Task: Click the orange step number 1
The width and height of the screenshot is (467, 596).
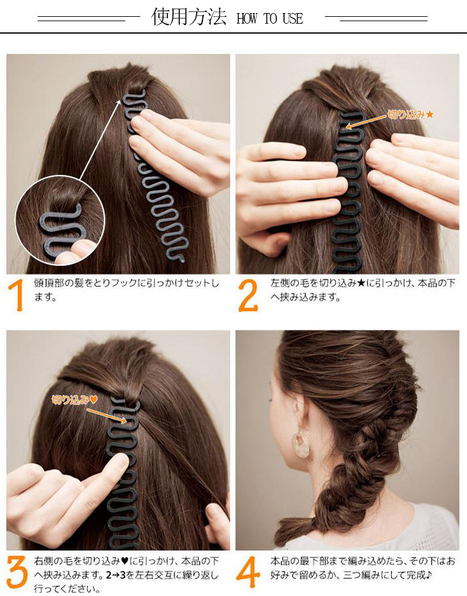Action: [x=16, y=296]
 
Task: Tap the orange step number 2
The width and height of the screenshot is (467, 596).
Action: [x=248, y=296]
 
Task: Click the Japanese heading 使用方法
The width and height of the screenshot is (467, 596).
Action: [x=189, y=17]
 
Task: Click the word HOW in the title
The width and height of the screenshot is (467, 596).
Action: [x=247, y=18]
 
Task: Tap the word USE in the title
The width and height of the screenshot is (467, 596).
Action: [x=293, y=18]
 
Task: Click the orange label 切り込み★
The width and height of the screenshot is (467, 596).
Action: [x=410, y=114]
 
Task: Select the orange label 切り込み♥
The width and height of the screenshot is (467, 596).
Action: [x=75, y=399]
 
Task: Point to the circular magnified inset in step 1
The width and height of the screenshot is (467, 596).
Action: [x=60, y=221]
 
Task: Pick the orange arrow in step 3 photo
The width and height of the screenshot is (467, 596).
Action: [x=106, y=415]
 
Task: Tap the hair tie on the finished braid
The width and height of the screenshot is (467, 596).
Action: [x=314, y=523]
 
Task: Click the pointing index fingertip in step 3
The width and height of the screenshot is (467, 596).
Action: [x=121, y=462]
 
